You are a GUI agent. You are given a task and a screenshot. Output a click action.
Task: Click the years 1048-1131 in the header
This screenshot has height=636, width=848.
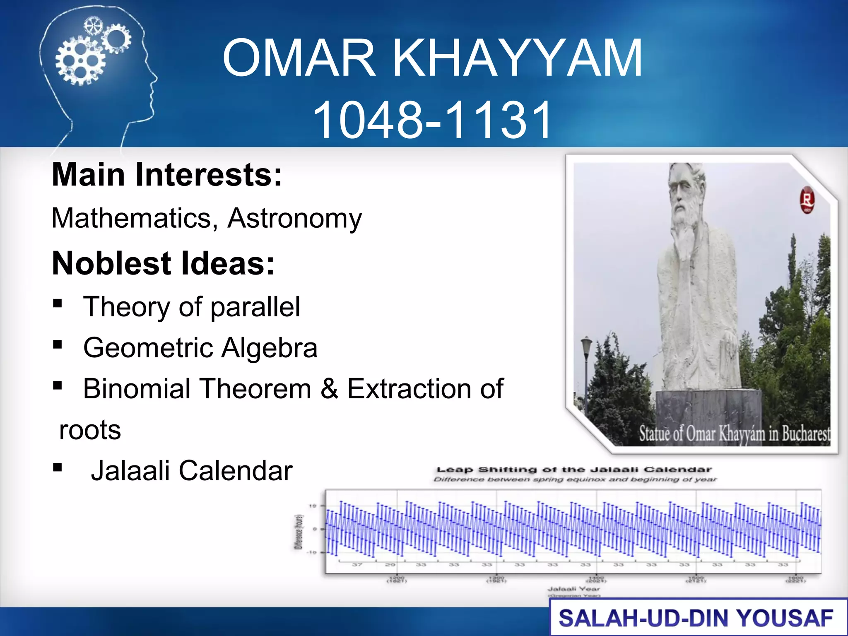point(433,120)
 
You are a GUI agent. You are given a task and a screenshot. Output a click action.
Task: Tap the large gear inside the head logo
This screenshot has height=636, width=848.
point(79,61)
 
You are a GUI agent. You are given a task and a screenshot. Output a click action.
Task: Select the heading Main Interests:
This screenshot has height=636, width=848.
point(167,175)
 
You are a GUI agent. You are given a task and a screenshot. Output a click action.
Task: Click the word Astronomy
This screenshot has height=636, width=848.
point(294,218)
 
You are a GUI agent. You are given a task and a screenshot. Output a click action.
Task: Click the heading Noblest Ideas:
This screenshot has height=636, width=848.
point(163,263)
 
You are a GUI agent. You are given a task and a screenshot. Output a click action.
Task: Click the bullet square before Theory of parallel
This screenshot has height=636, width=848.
point(58,304)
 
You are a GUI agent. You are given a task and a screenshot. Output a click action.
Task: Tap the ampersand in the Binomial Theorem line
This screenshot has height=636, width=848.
point(329,389)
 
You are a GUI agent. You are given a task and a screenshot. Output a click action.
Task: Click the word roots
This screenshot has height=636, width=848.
point(90,430)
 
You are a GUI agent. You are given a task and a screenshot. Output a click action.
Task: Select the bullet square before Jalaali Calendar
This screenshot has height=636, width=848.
point(58,468)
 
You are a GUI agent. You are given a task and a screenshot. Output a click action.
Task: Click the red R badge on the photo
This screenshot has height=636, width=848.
point(807,200)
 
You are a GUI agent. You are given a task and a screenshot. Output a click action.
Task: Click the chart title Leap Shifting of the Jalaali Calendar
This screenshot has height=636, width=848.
point(574,470)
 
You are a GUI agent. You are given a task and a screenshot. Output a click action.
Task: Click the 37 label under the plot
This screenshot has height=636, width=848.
point(357,565)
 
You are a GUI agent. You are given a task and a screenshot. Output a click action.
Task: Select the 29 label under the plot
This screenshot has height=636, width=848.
point(390,565)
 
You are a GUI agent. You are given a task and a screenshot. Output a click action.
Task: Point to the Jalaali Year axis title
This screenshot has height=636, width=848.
point(573,588)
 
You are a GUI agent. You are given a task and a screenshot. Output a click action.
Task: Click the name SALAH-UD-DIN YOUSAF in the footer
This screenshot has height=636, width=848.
point(696,619)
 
